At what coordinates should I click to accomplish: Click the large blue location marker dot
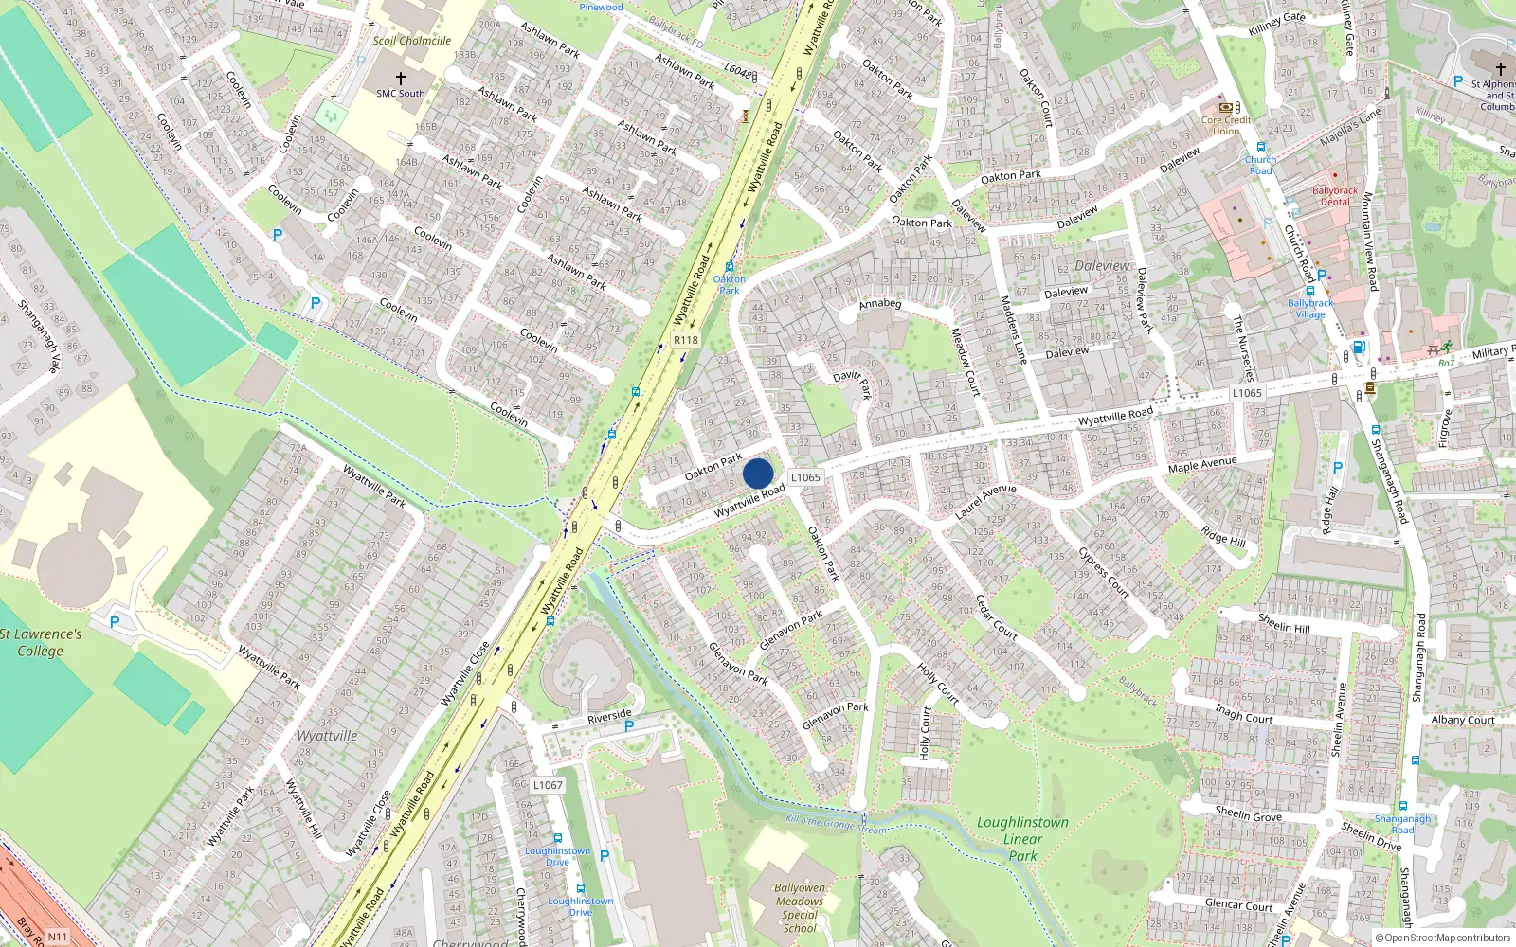[758, 473]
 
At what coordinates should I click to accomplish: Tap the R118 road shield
[685, 340]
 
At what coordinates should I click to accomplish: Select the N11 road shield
[58, 937]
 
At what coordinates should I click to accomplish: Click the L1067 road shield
[548, 785]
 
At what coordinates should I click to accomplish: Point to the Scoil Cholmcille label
[411, 41]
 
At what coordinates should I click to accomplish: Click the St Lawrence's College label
[41, 642]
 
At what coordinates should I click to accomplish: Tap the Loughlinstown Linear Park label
[1022, 839]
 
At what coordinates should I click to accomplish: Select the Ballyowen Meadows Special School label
[800, 908]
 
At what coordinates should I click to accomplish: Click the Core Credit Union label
[1226, 125]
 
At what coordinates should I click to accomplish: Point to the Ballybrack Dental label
[1335, 196]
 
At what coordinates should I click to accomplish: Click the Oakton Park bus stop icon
[729, 267]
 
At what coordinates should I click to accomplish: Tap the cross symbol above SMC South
[401, 78]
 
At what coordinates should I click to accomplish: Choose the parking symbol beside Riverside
[628, 726]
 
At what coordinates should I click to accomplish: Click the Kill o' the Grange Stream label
[837, 824]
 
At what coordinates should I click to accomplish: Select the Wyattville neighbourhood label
[328, 736]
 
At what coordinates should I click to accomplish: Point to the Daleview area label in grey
[1102, 266]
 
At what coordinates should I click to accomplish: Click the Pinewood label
[602, 7]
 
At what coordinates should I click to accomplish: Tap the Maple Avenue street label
[1202, 464]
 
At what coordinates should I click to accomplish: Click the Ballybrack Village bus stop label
[1310, 309]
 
